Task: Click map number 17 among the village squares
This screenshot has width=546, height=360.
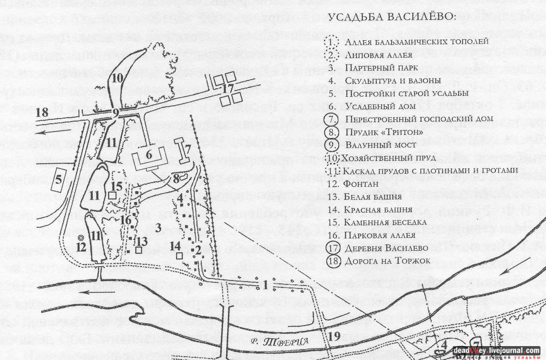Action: point(228,89)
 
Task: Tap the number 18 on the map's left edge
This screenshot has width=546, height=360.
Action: point(42,112)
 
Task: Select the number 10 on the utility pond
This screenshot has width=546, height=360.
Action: point(117,78)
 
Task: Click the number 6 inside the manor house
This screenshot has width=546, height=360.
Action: point(149,155)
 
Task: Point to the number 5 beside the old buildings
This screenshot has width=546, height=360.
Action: point(59,179)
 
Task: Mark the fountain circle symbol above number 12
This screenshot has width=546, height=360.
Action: point(80,238)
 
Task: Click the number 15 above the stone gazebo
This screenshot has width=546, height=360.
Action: point(116,186)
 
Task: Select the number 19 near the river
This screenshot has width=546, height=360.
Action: point(335,337)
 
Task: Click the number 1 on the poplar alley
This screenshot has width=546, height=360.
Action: point(266,285)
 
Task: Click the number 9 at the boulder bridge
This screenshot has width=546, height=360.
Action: point(115,112)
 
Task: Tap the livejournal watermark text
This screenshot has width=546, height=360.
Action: point(496,350)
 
